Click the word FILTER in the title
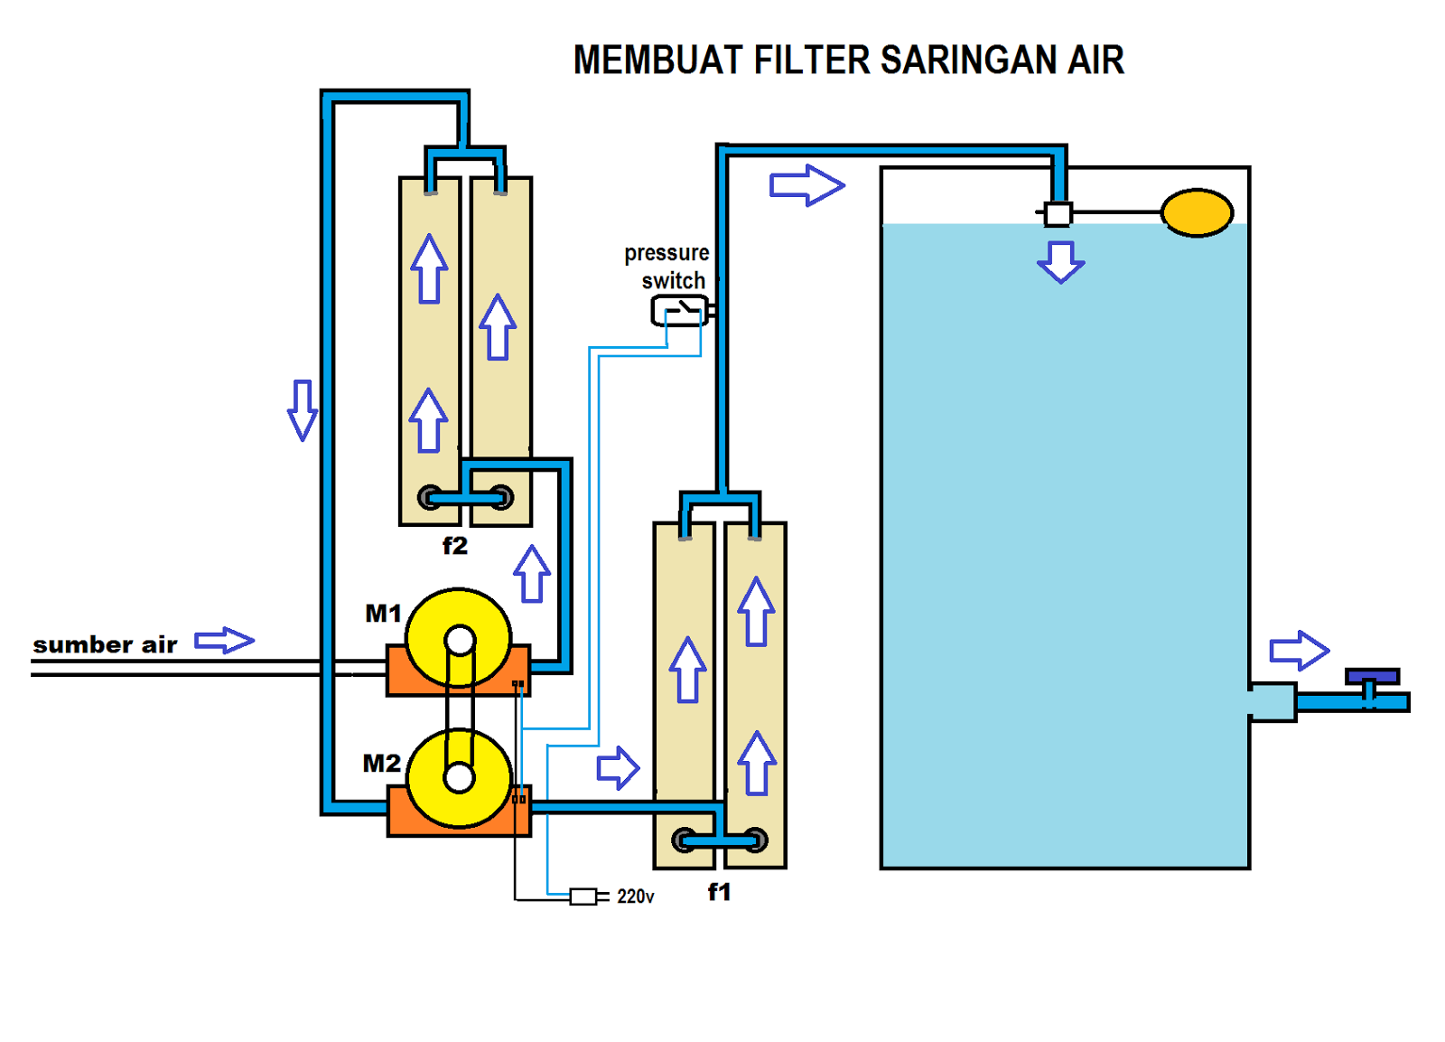point(811,61)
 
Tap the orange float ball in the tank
point(1196,213)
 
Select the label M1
point(383,614)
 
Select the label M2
point(381,764)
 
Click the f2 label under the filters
point(455,546)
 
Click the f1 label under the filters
point(719,892)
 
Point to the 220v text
point(635,896)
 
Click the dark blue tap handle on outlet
point(1371,677)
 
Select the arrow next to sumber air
point(225,641)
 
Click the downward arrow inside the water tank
point(1060,262)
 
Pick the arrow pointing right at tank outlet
point(1299,650)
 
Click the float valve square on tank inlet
point(1058,214)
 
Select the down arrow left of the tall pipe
point(303,410)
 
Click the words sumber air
point(105,644)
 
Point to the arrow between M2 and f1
point(618,768)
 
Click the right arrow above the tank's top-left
point(806,185)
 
